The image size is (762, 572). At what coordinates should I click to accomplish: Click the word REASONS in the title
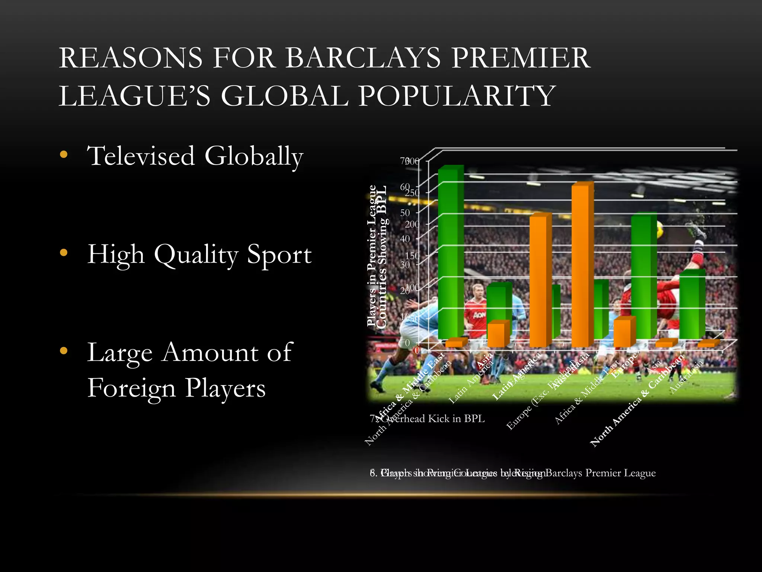(x=130, y=58)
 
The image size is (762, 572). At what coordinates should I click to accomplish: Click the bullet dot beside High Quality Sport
(x=64, y=253)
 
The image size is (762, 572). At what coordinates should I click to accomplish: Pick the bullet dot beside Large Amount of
(x=64, y=351)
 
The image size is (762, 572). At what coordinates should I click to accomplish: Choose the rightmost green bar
(x=691, y=305)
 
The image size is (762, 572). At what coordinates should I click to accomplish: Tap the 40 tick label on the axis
(x=405, y=239)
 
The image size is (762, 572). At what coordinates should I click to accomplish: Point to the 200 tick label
(x=412, y=225)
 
